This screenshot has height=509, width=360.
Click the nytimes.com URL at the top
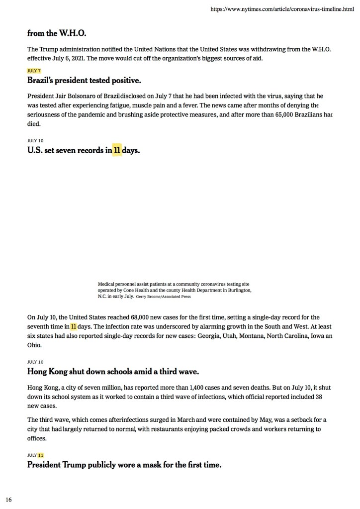[x=282, y=9]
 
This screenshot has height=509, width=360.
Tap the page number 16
[x=9, y=499]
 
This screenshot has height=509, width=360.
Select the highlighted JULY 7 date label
[x=34, y=71]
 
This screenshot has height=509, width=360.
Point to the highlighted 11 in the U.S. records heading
[x=117, y=150]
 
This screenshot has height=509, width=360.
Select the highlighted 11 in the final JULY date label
[x=41, y=455]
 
